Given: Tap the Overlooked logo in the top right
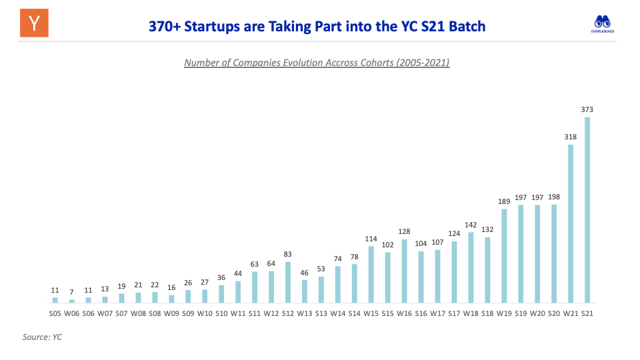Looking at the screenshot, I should coord(603,23).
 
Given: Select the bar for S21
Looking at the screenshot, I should coord(587,210).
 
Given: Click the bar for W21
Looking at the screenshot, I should coord(571,223).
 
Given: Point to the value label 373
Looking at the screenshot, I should coord(587,109).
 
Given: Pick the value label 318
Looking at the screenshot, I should coord(571,137).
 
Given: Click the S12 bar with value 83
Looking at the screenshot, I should coord(288,282).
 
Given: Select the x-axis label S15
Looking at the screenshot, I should coord(388,313).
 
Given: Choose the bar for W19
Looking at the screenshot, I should coord(504,256).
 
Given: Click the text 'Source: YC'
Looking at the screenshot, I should coord(42,337).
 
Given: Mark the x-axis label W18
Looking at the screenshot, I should coord(471,313).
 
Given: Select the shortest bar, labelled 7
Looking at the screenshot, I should coord(71,301).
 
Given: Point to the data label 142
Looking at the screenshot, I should coord(471,225).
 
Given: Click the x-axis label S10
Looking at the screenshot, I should coord(221,313).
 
